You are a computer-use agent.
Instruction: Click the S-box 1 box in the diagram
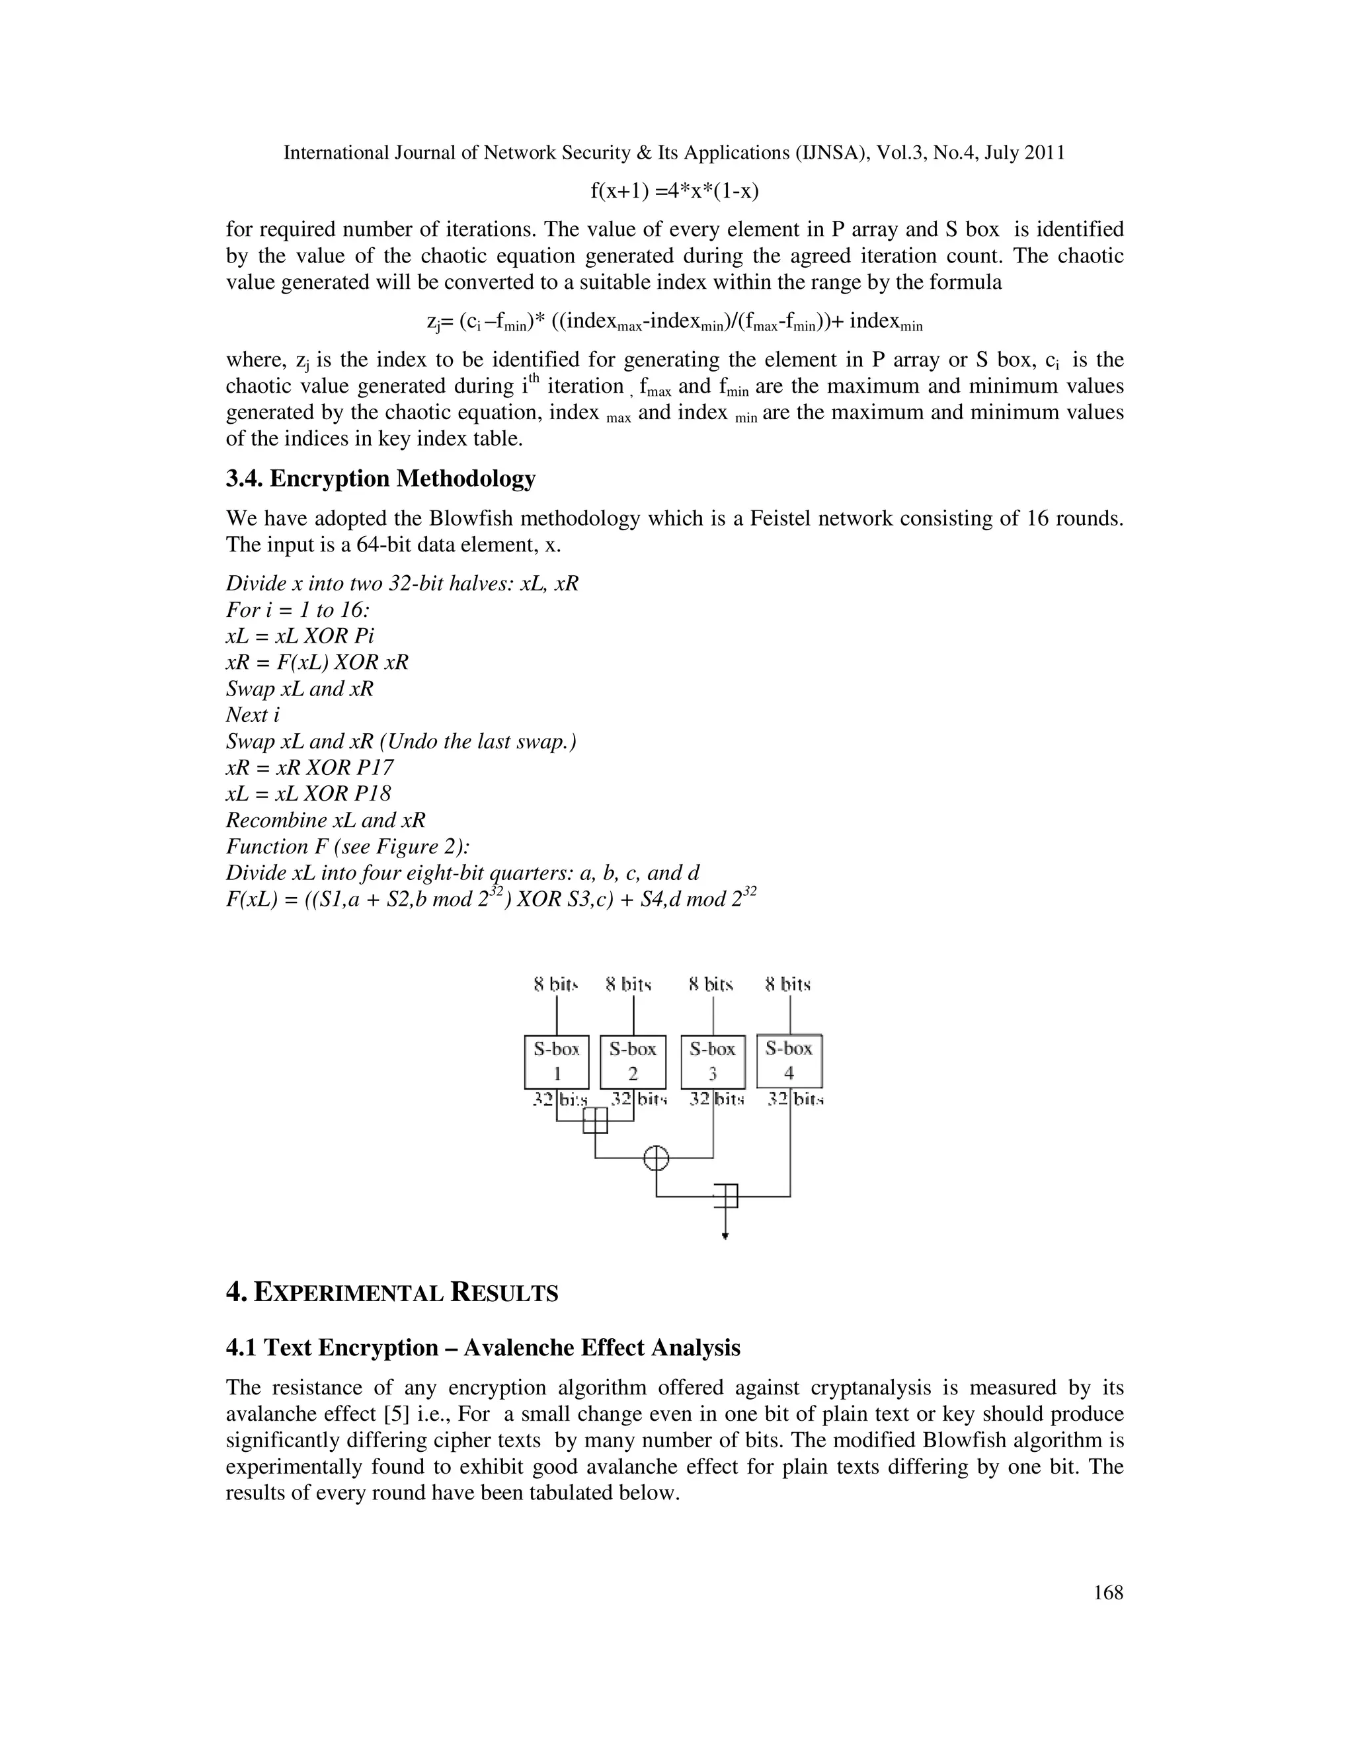[x=557, y=1061]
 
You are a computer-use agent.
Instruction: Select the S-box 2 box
[x=633, y=1061]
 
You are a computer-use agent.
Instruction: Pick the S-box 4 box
[x=789, y=1060]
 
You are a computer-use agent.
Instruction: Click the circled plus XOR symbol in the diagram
[x=656, y=1158]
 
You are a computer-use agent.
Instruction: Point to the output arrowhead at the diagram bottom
[x=725, y=1236]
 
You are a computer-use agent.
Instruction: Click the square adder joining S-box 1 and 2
[x=595, y=1120]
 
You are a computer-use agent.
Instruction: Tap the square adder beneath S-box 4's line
[x=726, y=1196]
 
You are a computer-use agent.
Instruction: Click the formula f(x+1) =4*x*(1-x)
[x=674, y=191]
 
